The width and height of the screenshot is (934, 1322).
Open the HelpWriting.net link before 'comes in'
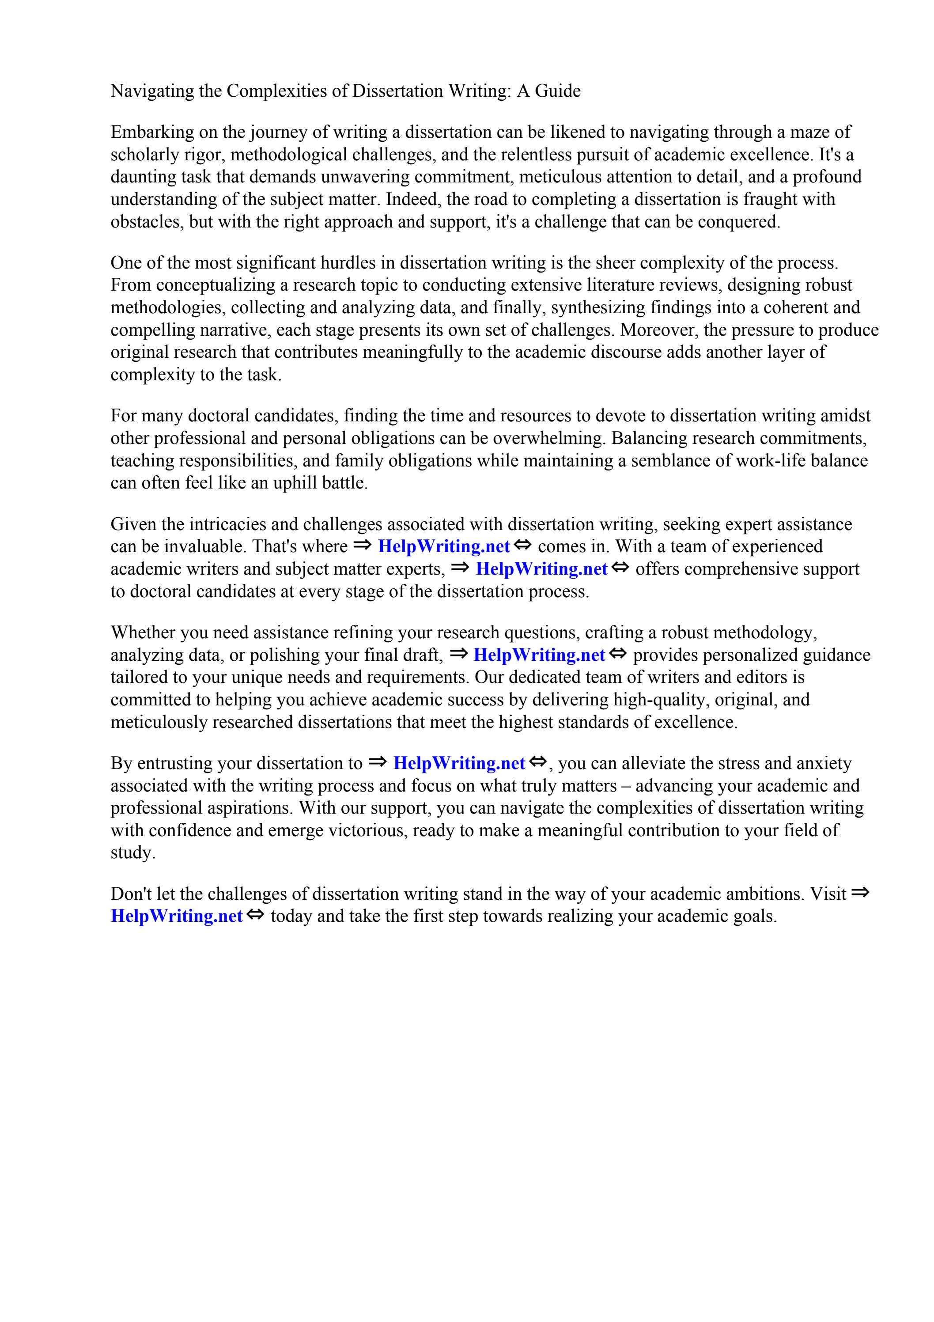(444, 546)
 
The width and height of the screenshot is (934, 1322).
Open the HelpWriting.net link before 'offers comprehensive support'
(542, 569)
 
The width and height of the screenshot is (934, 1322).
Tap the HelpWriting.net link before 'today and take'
(176, 917)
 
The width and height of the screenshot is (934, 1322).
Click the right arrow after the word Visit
(860, 893)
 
